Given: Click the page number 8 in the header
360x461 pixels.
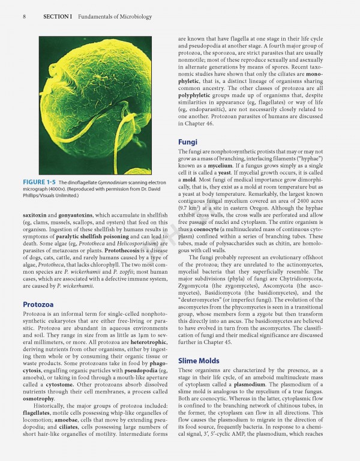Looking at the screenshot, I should [24, 16].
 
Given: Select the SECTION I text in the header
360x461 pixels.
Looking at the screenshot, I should [57, 16].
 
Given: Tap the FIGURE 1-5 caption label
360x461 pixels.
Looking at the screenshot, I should [40, 182].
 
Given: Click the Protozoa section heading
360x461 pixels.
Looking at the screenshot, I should [40, 304].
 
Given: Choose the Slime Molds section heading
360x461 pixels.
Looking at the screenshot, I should [202, 360].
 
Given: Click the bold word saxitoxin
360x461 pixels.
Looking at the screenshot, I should [36, 214].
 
